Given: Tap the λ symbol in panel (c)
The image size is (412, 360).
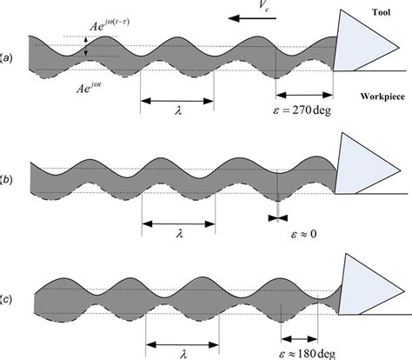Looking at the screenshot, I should (183, 354).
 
